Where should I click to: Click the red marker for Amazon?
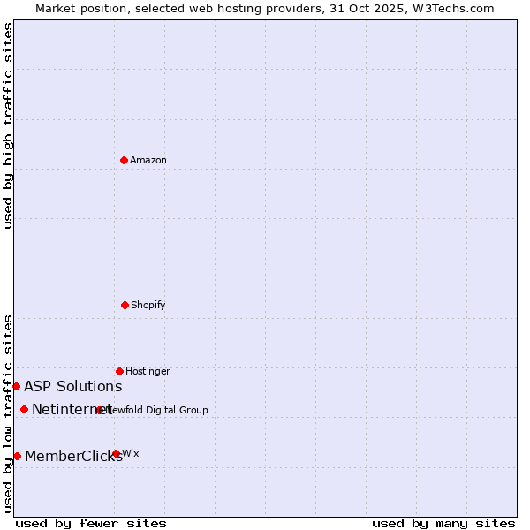(124, 160)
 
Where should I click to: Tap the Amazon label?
(148, 160)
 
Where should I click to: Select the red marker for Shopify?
(125, 305)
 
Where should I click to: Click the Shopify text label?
(148, 305)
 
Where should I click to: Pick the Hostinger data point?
(119, 371)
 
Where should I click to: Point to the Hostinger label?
(148, 371)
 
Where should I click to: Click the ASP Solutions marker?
(16, 386)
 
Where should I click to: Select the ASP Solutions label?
(72, 386)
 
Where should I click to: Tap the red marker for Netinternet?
(24, 409)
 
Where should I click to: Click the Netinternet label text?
(71, 409)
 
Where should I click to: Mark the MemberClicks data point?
(17, 456)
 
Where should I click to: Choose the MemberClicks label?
(73, 456)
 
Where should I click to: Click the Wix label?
(131, 453)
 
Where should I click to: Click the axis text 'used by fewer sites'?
(91, 523)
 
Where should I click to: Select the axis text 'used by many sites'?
(443, 523)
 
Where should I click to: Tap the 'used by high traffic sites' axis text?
(8, 125)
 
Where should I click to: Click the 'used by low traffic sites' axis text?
(8, 413)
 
